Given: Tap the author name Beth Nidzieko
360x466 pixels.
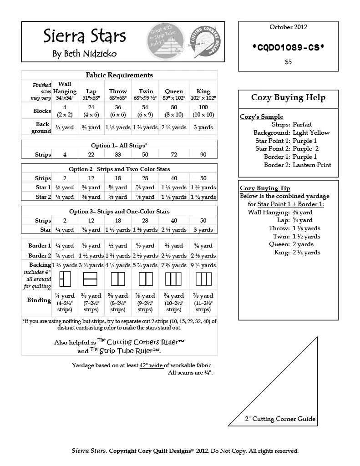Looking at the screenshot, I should tap(85, 54).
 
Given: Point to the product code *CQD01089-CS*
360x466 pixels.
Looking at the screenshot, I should tap(288, 47).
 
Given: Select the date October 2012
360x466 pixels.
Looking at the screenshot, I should tap(288, 27).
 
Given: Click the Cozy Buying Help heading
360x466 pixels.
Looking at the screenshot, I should tap(288, 97).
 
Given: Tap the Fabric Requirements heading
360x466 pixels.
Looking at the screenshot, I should tap(119, 75).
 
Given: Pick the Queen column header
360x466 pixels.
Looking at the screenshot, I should tap(174, 91).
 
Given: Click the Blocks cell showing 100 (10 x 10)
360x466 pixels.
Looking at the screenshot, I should tap(203, 111).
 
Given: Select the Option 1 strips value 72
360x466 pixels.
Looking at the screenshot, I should tap(174, 155).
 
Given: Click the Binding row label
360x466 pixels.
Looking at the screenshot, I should tap(39, 300).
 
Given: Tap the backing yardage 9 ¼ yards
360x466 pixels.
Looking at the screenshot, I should tap(203, 265).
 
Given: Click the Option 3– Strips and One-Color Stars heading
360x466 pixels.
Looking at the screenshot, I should tap(119, 211).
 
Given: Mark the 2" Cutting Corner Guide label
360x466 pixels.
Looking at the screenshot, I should tap(280, 419).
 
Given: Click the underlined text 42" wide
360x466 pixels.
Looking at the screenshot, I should tap(151, 365).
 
